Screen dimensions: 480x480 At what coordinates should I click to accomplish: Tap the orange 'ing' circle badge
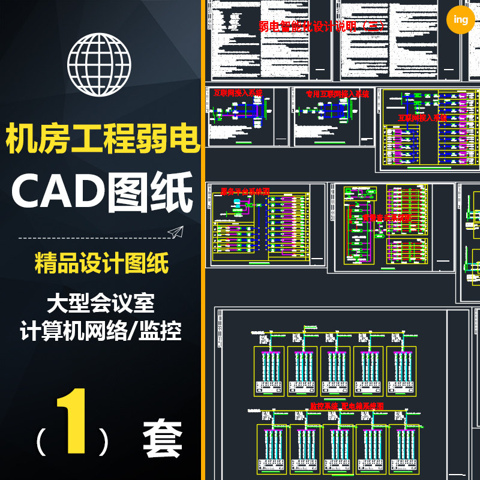pyautogui.click(x=461, y=20)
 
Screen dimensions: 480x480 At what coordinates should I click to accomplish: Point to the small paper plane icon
pyautogui.click(x=175, y=232)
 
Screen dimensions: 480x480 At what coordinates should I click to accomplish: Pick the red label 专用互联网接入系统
pyautogui.click(x=338, y=94)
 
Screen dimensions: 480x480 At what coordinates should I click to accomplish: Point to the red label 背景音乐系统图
pyautogui.click(x=386, y=218)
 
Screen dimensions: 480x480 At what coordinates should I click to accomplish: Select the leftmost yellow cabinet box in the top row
pyautogui.click(x=269, y=371)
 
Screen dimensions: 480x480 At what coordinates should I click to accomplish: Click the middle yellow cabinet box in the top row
pyautogui.click(x=335, y=371)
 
